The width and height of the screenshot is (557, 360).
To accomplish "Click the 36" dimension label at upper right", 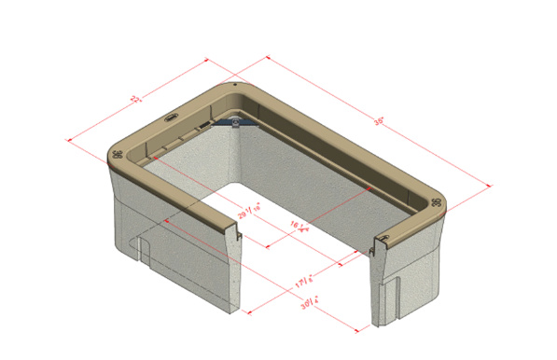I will (379, 120).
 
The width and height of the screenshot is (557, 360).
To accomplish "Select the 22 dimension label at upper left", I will (135, 98).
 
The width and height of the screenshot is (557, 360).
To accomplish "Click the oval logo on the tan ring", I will (171, 118).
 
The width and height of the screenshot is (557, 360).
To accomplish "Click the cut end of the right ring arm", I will (379, 244).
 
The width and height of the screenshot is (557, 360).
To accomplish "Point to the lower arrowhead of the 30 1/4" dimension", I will (358, 328).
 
